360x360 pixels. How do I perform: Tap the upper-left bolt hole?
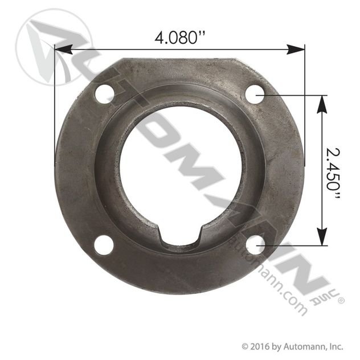(x=104, y=94)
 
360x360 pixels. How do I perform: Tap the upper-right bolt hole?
(x=255, y=95)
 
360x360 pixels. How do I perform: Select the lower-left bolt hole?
(x=104, y=245)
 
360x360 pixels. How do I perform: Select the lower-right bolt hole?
(x=255, y=245)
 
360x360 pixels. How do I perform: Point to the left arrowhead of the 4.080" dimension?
(x=64, y=50)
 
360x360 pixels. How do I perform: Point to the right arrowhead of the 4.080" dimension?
(x=296, y=50)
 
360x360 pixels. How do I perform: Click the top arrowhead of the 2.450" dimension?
(x=322, y=104)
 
